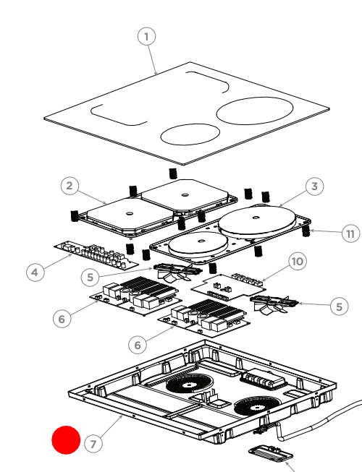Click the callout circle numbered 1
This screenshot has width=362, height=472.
coord(147,36)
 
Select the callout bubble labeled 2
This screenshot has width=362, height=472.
coord(69,186)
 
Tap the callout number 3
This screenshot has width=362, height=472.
coord(313,187)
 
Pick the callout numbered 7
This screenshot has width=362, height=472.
coord(92,444)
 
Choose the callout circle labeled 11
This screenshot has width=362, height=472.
coord(350,233)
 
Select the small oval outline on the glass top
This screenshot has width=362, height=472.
coord(189,134)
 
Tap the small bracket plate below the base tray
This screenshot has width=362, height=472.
coord(271,454)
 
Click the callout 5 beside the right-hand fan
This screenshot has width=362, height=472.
coord(338,306)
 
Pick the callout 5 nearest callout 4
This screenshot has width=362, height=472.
coord(90,277)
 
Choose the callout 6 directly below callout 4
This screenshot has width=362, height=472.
coord(62,317)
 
